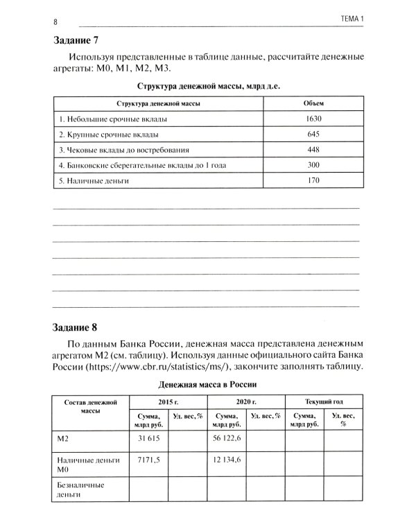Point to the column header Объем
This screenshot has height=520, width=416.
(x=314, y=103)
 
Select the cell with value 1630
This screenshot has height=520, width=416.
(x=314, y=119)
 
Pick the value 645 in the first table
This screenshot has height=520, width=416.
(x=314, y=134)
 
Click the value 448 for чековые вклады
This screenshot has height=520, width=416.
(x=314, y=150)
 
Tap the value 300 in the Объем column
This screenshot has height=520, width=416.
(x=314, y=165)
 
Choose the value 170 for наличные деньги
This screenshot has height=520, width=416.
(x=314, y=180)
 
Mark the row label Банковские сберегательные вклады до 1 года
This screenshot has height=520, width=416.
(x=142, y=165)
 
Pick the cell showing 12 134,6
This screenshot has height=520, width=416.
(x=227, y=460)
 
